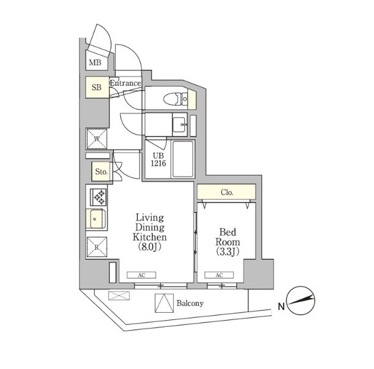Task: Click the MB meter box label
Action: [95, 62]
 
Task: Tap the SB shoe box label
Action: [97, 88]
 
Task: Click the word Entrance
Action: [125, 83]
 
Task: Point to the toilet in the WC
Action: [176, 99]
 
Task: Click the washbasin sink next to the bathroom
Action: [179, 124]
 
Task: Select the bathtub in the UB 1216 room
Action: [182, 159]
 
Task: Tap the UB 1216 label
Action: [159, 160]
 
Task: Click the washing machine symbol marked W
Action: [97, 139]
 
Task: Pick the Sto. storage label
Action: [102, 171]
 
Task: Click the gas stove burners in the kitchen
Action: [99, 197]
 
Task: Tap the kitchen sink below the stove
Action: [96, 218]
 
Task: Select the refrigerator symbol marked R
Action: [97, 247]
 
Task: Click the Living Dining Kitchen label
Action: [149, 232]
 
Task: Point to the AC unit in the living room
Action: [141, 275]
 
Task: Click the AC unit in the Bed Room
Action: [219, 275]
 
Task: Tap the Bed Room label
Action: [228, 242]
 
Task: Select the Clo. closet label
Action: [227, 192]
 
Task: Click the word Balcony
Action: [190, 304]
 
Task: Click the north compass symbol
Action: [301, 300]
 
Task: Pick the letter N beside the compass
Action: [282, 306]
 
